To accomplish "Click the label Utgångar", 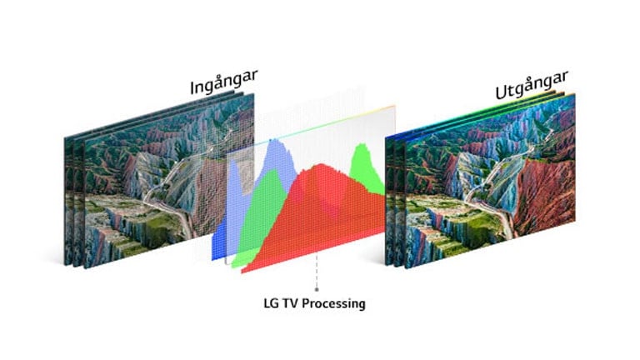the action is coord(532,85).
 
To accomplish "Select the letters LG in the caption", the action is coord(271,303).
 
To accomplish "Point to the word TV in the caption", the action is coord(291,303).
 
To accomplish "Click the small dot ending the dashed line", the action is coord(317,289).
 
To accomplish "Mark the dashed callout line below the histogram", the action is coord(317,272).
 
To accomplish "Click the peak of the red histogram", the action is coord(322,165).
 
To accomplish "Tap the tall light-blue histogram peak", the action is coord(276,141).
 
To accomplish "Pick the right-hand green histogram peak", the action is coord(361,146).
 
